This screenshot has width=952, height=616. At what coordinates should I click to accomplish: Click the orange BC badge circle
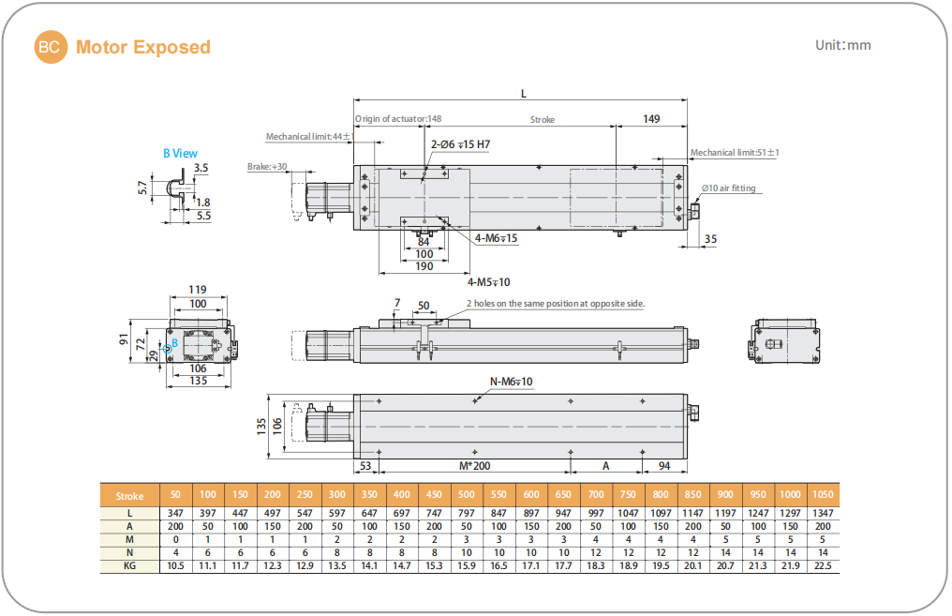tap(51, 47)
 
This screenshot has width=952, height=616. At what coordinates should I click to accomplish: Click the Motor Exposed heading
tap(142, 47)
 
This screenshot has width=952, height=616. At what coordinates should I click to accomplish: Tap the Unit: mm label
tap(842, 45)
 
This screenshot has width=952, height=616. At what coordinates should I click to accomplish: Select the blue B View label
tap(180, 153)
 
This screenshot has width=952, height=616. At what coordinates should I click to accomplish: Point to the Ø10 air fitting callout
tap(729, 188)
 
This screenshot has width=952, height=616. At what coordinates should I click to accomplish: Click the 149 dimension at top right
tap(651, 119)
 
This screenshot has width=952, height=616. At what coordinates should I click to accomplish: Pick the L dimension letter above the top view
tap(523, 93)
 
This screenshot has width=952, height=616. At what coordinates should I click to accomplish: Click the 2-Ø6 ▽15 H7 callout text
tap(460, 144)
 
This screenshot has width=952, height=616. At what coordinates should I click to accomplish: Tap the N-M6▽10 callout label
tap(511, 381)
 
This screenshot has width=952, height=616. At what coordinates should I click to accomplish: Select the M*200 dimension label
tap(475, 466)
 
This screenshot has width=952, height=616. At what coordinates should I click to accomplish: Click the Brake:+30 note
tap(267, 167)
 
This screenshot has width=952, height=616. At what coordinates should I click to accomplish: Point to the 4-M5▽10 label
tap(488, 281)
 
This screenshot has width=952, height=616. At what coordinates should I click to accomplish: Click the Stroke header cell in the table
tap(130, 496)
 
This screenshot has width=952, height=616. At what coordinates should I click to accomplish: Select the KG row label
tap(130, 567)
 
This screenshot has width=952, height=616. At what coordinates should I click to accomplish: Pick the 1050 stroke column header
tap(824, 496)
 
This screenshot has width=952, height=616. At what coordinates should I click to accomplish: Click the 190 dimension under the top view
tap(424, 266)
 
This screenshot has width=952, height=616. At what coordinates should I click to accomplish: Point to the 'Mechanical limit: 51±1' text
tap(735, 152)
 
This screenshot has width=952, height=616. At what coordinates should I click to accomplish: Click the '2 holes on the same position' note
tap(556, 303)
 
